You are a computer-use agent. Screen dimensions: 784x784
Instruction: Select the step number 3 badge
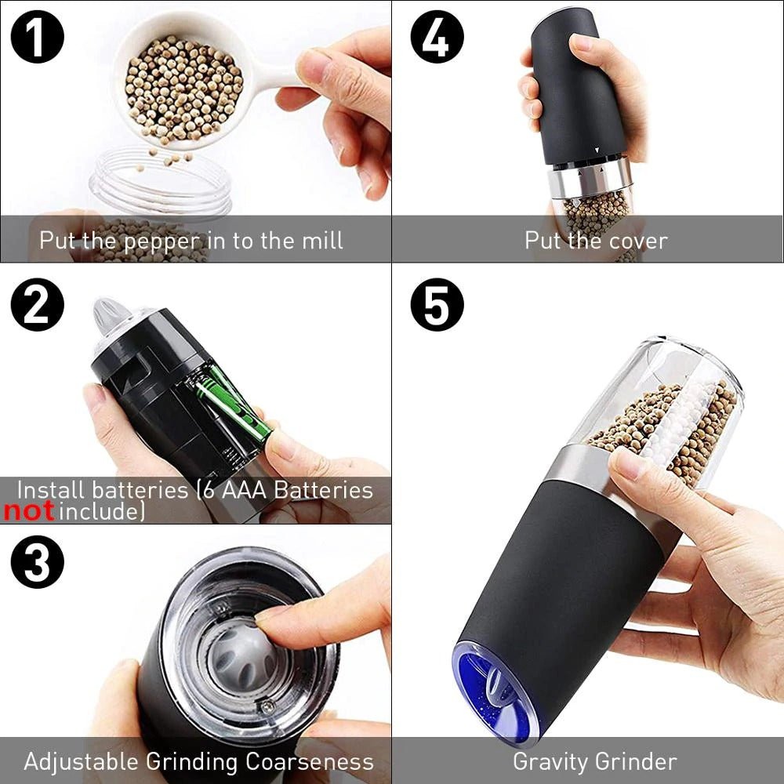coord(37,562)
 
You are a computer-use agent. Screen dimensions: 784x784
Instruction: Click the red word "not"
coord(29,513)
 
